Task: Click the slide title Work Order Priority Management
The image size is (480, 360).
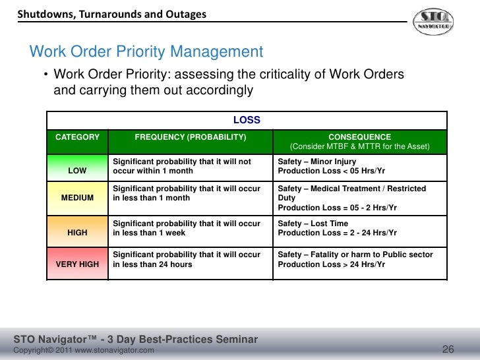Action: (146, 52)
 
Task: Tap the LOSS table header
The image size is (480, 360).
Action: (247, 120)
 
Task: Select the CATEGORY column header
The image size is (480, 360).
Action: (77, 137)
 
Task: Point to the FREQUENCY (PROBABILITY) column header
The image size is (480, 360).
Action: (191, 137)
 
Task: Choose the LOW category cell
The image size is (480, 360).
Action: (77, 171)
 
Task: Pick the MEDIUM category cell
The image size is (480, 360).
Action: (77, 198)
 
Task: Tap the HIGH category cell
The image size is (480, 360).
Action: (77, 233)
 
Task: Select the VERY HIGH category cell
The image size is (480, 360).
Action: (77, 264)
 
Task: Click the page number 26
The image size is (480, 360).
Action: (448, 349)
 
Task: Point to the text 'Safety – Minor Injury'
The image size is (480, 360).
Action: (317, 162)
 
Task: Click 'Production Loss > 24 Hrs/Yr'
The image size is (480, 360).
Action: (332, 264)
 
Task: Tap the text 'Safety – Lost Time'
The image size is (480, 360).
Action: (313, 224)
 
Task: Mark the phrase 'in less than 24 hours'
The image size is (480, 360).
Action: (153, 264)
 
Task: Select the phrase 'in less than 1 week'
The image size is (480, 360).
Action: (150, 233)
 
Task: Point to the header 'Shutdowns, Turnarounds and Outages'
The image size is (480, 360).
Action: (111, 14)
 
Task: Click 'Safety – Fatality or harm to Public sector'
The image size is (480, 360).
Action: (355, 255)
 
